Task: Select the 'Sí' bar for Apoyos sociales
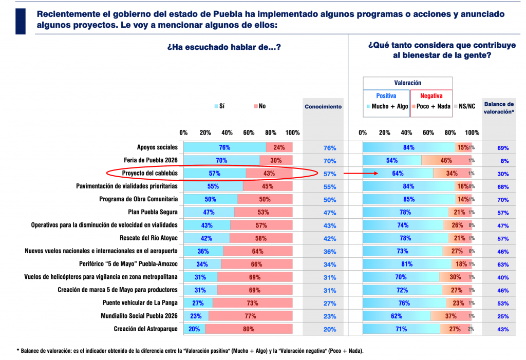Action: coord(224,147)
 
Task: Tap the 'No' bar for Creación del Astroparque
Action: coord(249,329)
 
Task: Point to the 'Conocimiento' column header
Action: coord(323,107)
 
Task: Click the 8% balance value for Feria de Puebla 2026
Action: coord(502,161)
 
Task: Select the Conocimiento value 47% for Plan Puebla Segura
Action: coord(330,213)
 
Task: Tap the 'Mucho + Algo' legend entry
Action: coord(387,106)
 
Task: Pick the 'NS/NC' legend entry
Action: coord(465,106)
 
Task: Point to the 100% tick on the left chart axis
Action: coord(292,132)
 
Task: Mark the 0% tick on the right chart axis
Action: coord(363,132)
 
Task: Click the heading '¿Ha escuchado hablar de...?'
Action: coord(224,47)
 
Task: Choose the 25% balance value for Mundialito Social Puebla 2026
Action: coord(502,316)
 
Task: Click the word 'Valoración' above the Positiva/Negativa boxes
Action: coord(407,83)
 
